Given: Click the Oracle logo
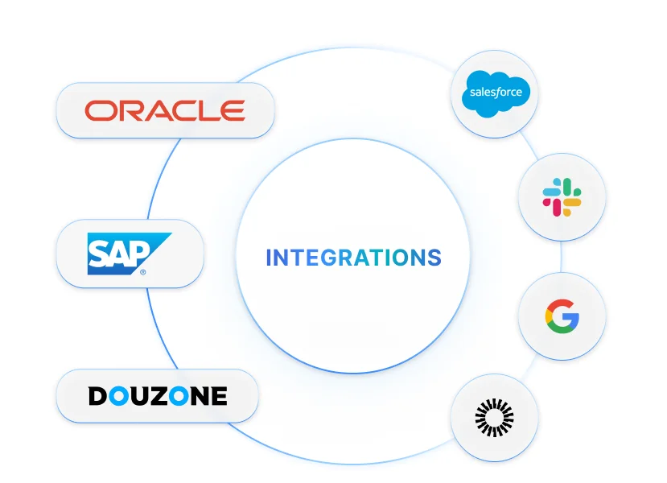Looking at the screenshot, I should tap(165, 110).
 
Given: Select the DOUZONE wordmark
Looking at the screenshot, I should tap(158, 396).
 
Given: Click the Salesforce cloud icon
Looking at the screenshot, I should tap(496, 93).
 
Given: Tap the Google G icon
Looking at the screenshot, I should tap(562, 316).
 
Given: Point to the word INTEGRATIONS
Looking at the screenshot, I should tap(353, 258).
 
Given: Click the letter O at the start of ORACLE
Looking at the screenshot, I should tap(101, 110).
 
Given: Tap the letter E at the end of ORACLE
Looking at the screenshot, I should tap(233, 110).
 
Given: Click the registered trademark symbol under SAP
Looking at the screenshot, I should tap(142, 272).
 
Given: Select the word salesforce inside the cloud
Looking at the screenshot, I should tap(496, 93).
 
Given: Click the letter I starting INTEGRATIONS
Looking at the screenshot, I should tap(269, 258).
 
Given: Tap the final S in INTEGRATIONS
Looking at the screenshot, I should tap(434, 258).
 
